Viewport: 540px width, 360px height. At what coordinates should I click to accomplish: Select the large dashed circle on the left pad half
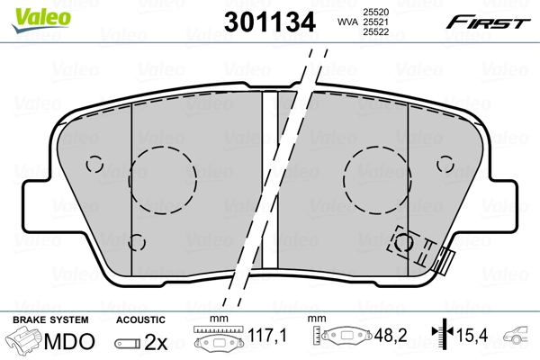pyautogui.click(x=164, y=171)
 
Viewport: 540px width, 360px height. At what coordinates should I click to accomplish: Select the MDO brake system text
pyautogui.click(x=69, y=342)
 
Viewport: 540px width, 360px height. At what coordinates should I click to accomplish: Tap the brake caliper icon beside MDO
pyautogui.click(x=25, y=342)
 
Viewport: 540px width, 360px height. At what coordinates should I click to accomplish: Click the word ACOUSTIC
pyautogui.click(x=141, y=319)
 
